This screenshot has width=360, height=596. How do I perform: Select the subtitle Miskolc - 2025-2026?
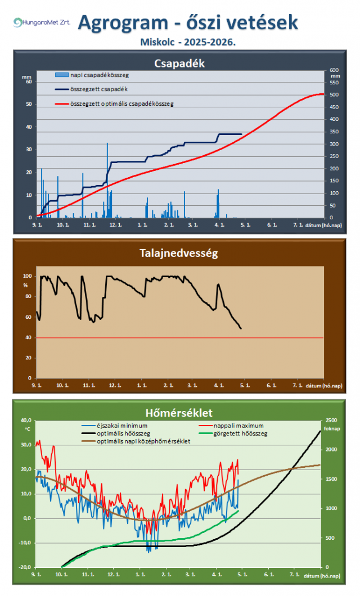187,42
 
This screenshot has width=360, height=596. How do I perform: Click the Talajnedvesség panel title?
179,253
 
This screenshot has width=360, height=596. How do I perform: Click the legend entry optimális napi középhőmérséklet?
143,441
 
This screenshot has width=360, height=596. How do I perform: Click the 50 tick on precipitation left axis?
29,104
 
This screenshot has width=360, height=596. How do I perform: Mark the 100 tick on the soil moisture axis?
28,276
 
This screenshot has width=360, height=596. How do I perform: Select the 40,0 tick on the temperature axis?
26,420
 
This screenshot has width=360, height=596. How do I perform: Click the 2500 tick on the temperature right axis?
332,420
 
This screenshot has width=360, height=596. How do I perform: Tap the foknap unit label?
332,428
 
